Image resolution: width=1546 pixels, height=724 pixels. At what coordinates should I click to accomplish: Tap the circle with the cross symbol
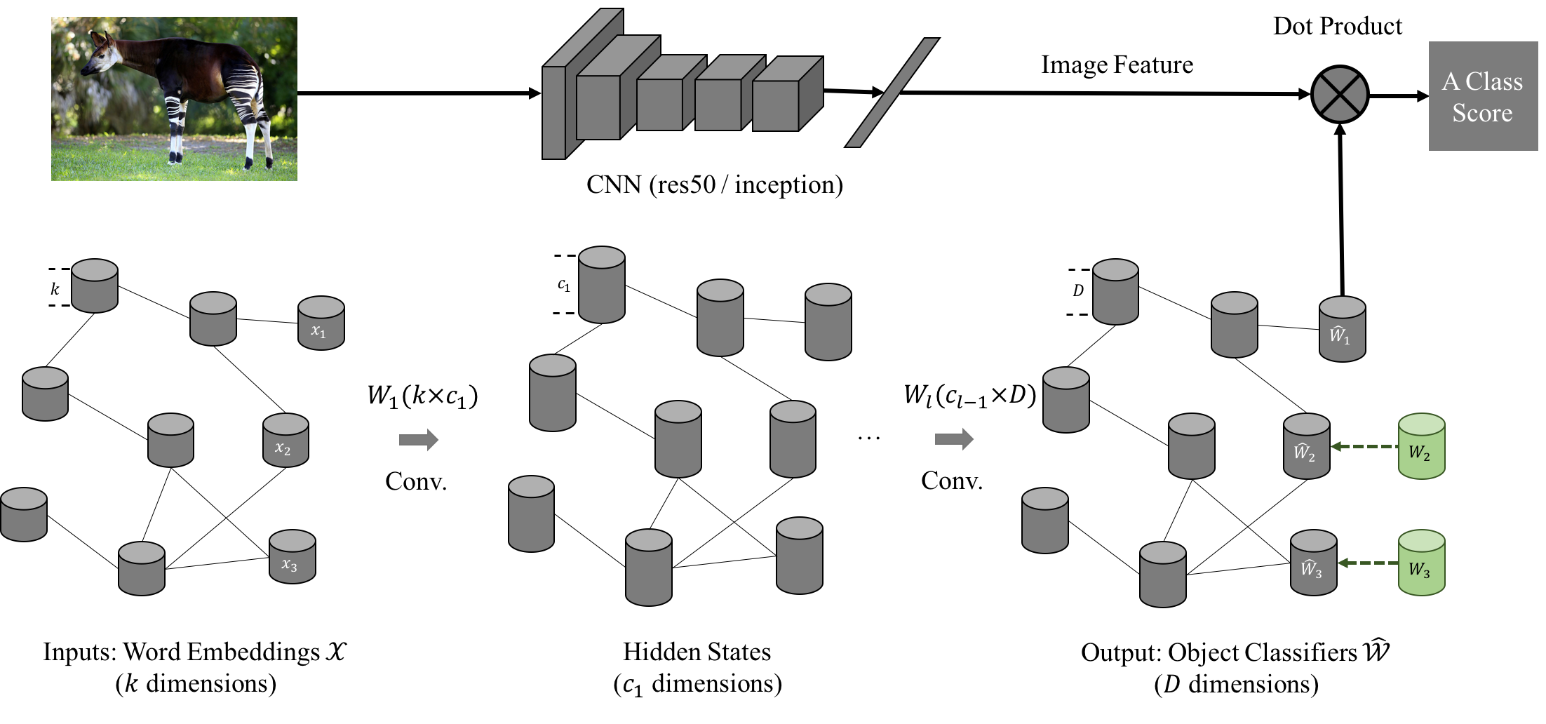click(x=1340, y=95)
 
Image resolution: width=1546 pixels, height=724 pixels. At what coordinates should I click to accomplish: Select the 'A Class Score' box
click(x=1483, y=96)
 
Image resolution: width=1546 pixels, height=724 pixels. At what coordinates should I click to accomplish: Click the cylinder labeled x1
click(x=321, y=323)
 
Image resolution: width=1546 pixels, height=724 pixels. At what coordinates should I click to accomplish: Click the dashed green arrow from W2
click(x=1364, y=446)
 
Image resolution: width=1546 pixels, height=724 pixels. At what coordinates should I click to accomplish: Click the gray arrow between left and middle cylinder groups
click(x=419, y=440)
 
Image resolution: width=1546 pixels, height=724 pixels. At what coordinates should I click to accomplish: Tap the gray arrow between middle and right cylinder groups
click(x=954, y=440)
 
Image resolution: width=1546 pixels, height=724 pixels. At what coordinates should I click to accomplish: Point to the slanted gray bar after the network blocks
click(x=892, y=93)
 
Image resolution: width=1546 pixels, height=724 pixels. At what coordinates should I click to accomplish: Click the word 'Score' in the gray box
click(x=1482, y=113)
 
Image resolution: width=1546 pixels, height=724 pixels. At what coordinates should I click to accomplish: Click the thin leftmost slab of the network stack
click(x=553, y=112)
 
